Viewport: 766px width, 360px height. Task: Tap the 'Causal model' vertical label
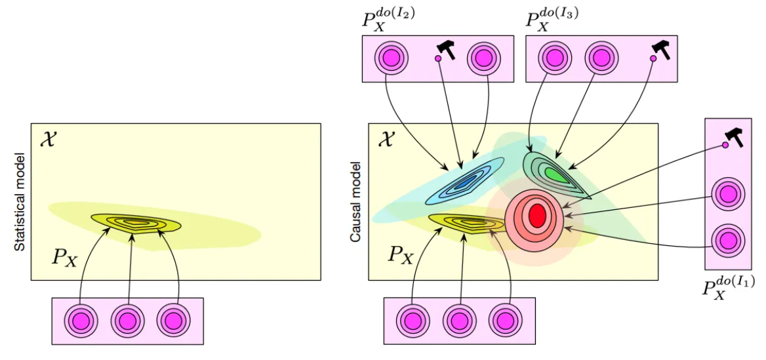point(356,203)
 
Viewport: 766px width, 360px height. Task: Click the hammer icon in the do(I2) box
point(445,49)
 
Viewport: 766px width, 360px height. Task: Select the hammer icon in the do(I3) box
point(661,49)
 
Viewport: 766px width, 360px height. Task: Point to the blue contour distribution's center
point(466,182)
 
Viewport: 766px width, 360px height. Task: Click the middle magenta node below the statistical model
point(127,321)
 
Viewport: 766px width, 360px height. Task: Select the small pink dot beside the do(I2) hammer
point(437,58)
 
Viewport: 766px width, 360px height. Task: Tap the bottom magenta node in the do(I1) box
point(728,241)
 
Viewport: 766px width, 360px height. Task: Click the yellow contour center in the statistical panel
point(136,223)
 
